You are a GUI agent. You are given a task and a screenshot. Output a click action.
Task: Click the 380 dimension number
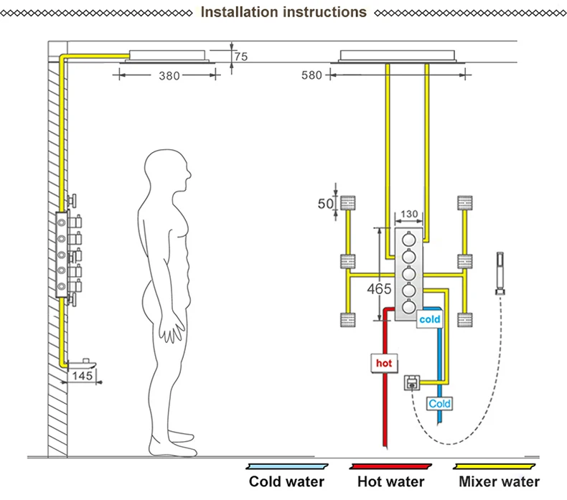[169, 76]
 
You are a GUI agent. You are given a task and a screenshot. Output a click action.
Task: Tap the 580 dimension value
[311, 75]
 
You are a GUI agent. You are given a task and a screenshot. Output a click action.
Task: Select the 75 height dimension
[241, 57]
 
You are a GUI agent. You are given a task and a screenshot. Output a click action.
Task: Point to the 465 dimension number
[379, 289]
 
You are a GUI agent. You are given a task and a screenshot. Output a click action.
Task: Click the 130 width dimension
[409, 214]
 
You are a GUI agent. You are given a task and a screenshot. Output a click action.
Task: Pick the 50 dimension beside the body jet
[325, 204]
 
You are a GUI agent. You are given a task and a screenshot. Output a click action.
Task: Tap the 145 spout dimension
[82, 376]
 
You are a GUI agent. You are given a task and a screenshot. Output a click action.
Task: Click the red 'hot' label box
[384, 363]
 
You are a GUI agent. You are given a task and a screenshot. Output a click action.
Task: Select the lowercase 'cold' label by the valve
[430, 319]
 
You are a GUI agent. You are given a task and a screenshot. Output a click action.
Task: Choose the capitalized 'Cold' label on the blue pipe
[439, 403]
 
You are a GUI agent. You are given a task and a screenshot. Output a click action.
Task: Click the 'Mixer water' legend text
[499, 482]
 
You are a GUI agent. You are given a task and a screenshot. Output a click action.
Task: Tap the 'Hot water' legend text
[390, 482]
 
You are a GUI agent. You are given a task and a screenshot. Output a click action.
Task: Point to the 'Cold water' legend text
[286, 482]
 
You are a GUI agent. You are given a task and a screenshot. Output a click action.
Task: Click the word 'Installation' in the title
[240, 12]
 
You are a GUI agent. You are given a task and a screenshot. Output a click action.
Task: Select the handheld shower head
[500, 273]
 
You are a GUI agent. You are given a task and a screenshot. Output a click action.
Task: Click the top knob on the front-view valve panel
[409, 240]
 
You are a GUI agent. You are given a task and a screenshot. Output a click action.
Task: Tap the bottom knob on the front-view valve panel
[409, 307]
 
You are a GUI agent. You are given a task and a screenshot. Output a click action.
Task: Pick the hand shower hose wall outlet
[412, 383]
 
